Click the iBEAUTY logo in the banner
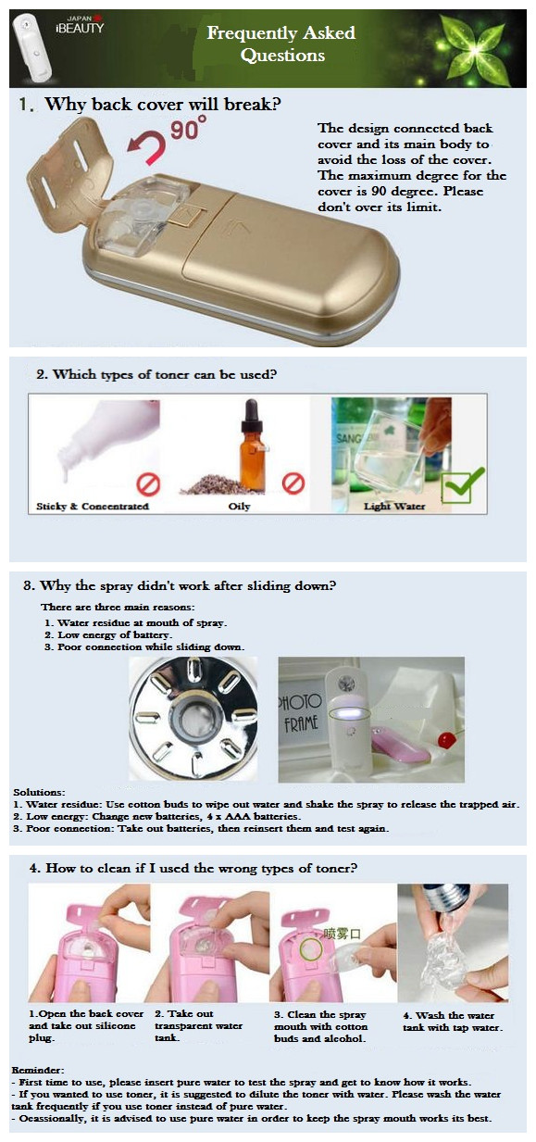79,25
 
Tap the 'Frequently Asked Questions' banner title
281,44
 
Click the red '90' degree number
184,130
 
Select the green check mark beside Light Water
462,485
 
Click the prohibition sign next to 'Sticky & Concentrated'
149,484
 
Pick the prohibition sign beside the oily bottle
293,483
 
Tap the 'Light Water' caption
393,507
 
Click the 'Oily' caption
239,507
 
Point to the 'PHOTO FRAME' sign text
300,711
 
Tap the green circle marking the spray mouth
311,949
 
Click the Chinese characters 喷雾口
342,934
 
